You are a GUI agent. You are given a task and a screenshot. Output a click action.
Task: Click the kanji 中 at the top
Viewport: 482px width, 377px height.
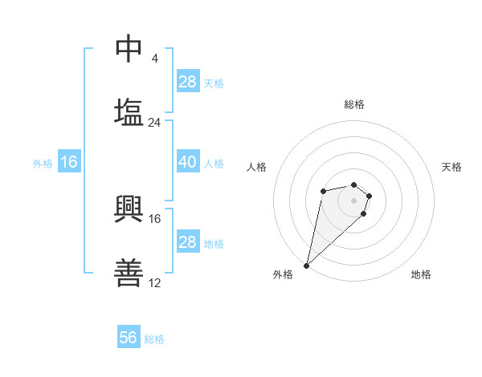tap(129, 50)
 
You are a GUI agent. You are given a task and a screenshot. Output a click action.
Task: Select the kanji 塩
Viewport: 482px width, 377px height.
tap(129, 111)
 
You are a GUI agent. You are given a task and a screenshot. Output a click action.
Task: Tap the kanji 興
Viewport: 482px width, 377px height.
tap(129, 208)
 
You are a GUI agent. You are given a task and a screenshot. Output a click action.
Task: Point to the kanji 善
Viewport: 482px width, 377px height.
tap(129, 274)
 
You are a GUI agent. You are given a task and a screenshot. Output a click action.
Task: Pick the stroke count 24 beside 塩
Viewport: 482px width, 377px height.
tap(155, 122)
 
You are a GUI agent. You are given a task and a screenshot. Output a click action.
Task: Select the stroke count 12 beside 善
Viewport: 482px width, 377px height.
tap(155, 282)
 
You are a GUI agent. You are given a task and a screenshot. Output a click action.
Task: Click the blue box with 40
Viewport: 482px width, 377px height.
tap(187, 162)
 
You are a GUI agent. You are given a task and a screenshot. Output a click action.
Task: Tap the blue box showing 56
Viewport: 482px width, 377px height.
tap(129, 338)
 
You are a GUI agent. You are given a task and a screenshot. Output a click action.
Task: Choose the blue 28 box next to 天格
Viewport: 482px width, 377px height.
tap(187, 82)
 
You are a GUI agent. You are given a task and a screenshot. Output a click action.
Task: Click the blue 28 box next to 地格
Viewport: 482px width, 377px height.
tap(187, 241)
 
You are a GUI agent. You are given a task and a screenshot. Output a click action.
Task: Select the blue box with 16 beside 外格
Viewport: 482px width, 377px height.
tap(69, 162)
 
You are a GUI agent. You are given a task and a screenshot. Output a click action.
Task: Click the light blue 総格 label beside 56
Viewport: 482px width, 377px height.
tap(154, 339)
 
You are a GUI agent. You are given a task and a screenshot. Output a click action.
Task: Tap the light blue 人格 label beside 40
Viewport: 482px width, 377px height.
tap(214, 163)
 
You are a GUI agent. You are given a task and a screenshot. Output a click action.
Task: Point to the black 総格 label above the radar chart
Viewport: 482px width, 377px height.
tap(353, 104)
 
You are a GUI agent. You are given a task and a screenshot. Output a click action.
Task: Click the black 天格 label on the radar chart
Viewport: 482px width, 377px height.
tap(451, 167)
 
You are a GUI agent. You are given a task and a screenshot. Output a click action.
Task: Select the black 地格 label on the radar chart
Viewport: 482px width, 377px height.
tap(421, 274)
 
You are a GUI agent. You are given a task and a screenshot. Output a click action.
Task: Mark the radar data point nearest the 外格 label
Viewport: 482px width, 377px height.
tap(307, 265)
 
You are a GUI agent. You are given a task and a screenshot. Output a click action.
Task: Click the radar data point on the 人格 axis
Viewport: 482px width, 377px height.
tap(323, 190)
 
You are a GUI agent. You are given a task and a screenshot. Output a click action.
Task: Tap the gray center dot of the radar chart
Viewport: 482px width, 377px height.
tap(353, 200)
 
